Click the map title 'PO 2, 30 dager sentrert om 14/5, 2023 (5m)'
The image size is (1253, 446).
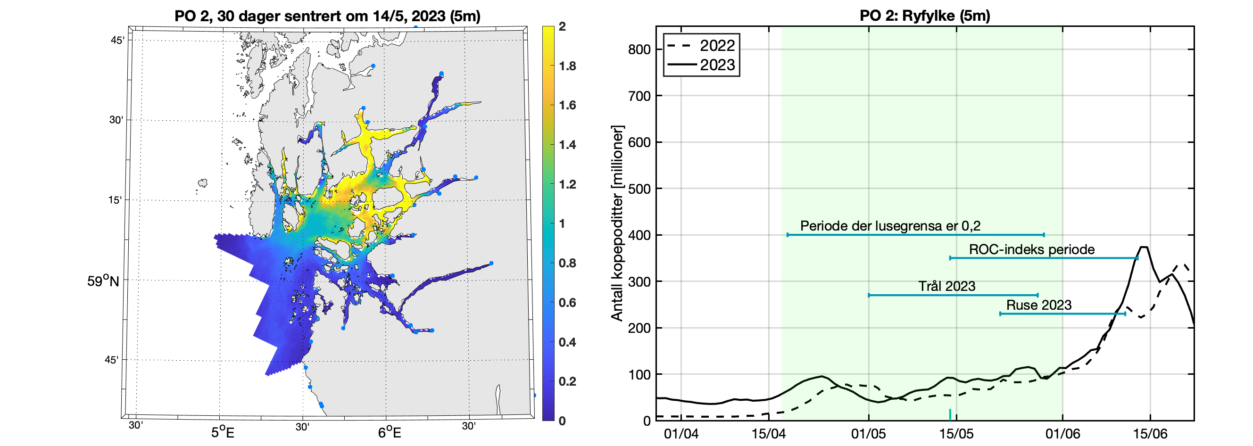327,16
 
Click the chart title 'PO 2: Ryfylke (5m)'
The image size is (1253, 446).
925,16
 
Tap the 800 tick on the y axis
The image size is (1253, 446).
639,50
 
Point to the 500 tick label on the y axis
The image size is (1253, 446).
639,189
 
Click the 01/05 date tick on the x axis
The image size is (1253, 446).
868,433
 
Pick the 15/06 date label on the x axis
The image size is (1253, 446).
1150,433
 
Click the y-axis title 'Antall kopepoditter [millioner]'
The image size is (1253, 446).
617,224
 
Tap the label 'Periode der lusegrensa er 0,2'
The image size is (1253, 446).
890,226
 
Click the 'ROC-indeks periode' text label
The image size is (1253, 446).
1032,249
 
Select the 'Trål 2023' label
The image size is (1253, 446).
946,286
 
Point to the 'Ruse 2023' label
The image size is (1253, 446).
1038,305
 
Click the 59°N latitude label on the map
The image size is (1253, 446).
103,281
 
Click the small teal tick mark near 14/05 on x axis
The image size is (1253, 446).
949,414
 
